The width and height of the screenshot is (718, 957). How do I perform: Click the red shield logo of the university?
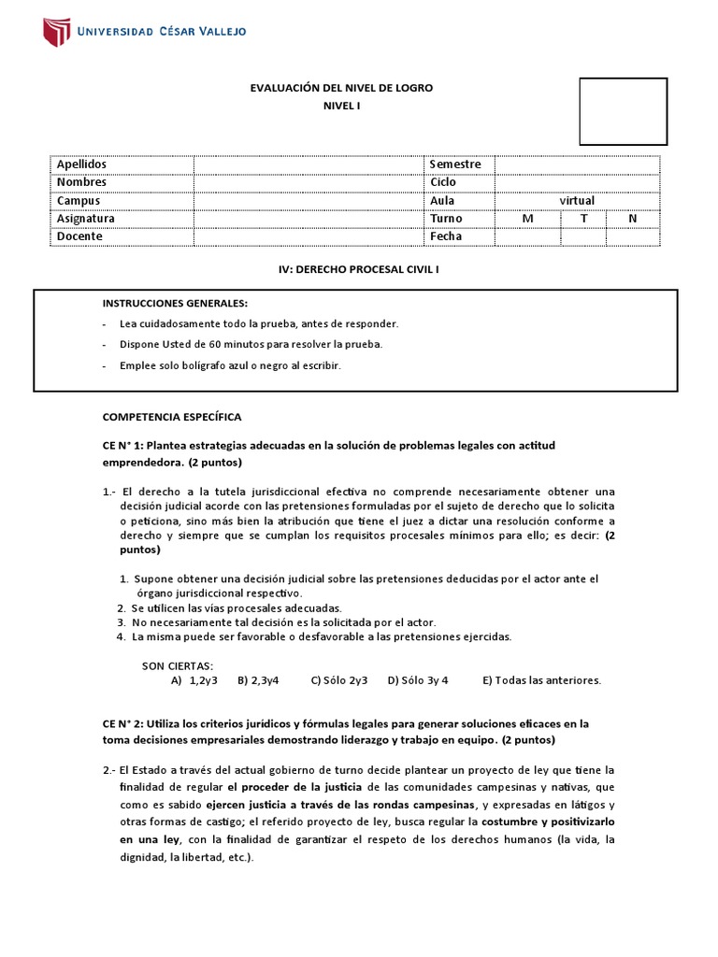(56, 31)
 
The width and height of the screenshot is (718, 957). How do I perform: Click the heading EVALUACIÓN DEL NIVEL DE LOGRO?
(341, 88)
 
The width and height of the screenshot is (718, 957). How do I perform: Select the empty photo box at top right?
(623, 111)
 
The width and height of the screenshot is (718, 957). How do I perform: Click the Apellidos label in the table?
(81, 164)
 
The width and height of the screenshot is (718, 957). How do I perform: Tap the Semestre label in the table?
(455, 164)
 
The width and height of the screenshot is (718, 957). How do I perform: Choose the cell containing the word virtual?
(577, 200)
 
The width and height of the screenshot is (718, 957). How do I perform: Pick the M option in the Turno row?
(527, 219)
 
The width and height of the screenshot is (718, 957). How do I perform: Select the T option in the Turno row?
(583, 219)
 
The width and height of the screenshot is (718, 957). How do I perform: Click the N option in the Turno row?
(633, 219)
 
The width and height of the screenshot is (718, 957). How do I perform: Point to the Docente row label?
(79, 236)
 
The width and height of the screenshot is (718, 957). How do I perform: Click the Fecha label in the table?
(446, 236)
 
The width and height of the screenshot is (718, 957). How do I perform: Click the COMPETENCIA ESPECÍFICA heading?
(171, 416)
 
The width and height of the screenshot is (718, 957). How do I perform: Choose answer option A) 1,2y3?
(194, 680)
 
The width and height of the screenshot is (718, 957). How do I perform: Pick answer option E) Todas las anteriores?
(541, 680)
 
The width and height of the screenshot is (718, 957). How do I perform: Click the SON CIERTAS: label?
(177, 665)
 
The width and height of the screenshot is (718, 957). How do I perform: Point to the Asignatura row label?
(86, 219)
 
